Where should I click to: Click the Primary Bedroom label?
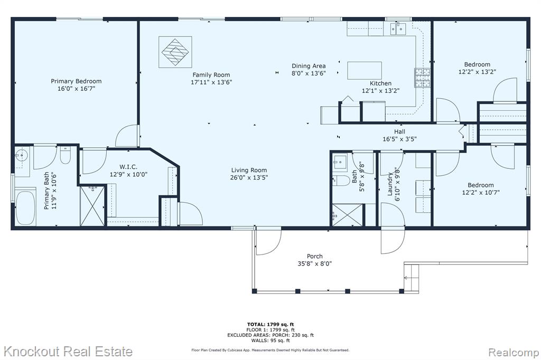click(x=76, y=81)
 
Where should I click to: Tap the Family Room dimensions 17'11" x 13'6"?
click(x=211, y=82)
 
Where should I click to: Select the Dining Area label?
click(x=309, y=66)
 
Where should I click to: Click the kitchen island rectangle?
click(x=365, y=71)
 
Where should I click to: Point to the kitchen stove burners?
click(x=422, y=78)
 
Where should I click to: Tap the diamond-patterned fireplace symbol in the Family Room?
click(x=175, y=52)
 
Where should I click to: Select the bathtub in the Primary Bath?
click(x=25, y=207)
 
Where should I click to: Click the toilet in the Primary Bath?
click(x=65, y=156)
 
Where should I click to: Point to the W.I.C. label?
click(x=128, y=167)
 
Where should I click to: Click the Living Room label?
click(x=249, y=170)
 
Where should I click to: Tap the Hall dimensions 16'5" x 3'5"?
click(x=399, y=139)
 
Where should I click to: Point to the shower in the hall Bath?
click(x=348, y=215)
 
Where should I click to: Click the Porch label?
click(x=315, y=256)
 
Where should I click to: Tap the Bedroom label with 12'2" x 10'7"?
click(x=481, y=185)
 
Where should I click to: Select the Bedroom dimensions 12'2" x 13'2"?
click(x=477, y=72)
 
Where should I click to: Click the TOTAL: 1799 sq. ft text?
click(x=270, y=324)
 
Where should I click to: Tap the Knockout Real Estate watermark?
click(x=68, y=352)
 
